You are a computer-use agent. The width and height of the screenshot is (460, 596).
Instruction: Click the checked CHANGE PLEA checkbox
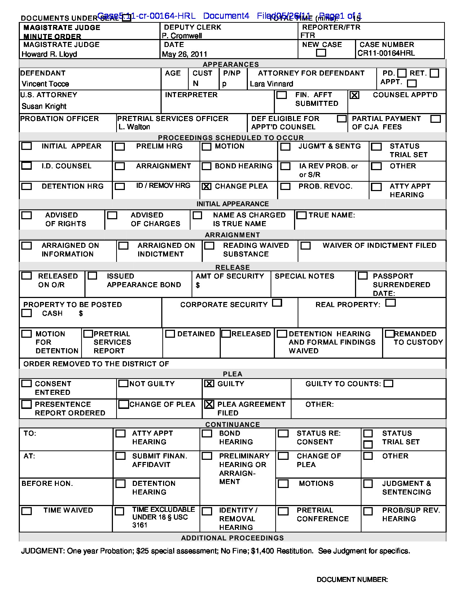pyautogui.click(x=206, y=186)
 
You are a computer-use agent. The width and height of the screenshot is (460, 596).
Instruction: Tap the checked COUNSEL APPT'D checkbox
pyautogui.click(x=354, y=95)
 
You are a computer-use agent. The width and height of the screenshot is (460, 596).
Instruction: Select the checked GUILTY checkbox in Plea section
pyautogui.click(x=209, y=384)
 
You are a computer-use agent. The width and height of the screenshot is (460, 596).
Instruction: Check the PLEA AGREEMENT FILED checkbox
pyautogui.click(x=209, y=405)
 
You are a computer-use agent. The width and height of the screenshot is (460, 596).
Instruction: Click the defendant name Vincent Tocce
pyautogui.click(x=45, y=84)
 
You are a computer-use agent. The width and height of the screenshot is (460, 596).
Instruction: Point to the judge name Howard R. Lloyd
pyautogui.click(x=49, y=54)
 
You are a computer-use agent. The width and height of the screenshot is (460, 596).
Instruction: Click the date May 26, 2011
pyautogui.click(x=184, y=54)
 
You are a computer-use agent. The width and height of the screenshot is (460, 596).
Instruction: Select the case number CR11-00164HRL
pyautogui.click(x=386, y=53)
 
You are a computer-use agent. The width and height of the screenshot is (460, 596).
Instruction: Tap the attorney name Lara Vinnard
pyautogui.click(x=271, y=84)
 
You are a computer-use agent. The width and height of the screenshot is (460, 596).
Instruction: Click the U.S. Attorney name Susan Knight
pyautogui.click(x=44, y=106)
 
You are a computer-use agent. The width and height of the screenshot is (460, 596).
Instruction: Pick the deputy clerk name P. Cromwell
pyautogui.click(x=182, y=36)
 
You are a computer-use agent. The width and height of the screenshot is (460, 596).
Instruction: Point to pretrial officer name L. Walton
pyautogui.click(x=134, y=127)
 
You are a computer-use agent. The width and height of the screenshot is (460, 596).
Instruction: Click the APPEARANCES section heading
pyautogui.click(x=231, y=64)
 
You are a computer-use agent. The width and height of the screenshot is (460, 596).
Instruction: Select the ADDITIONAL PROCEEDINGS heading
pyautogui.click(x=232, y=538)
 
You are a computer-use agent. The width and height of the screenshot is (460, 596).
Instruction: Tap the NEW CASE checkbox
pyautogui.click(x=321, y=53)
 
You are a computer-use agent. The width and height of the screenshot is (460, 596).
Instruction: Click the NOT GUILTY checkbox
pyautogui.click(x=123, y=384)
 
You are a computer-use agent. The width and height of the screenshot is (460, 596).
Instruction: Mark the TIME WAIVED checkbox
pyautogui.click(x=26, y=511)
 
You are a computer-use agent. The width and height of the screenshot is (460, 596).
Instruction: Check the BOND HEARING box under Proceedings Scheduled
pyautogui.click(x=206, y=166)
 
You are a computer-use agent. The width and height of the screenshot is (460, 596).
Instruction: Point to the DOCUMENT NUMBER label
pyautogui.click(x=352, y=580)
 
